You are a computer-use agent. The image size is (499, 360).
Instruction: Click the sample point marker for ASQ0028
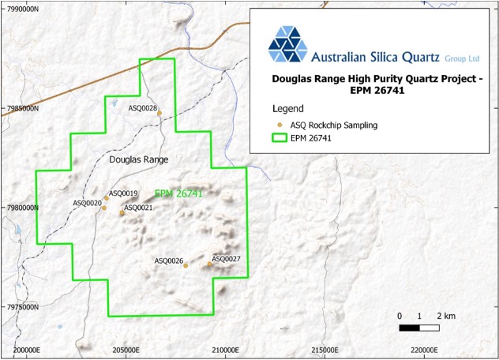159,113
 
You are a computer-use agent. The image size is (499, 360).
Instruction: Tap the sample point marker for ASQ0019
107,197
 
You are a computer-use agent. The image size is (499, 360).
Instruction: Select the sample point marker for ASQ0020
103,208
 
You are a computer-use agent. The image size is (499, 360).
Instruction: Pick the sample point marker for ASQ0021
122,212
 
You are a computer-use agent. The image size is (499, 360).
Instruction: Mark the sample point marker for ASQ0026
186,265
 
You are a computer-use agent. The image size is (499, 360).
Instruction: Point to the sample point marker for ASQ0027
210,264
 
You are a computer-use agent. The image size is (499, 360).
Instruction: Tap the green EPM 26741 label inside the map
179,193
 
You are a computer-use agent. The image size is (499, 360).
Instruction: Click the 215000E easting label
325,350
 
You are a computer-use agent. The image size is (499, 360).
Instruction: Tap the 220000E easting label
424,350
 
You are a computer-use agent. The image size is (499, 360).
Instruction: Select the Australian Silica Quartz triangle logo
288,43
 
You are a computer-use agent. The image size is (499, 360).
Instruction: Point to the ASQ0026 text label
169,261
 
